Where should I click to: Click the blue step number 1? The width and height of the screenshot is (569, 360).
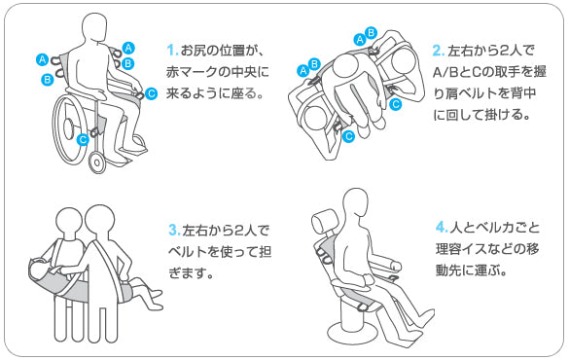[171, 50]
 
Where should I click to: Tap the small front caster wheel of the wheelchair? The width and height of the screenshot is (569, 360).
[97, 161]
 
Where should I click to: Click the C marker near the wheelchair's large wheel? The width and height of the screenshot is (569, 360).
[83, 139]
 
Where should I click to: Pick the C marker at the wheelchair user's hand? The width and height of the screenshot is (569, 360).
[151, 94]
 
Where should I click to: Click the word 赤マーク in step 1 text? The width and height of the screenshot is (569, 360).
[195, 73]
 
